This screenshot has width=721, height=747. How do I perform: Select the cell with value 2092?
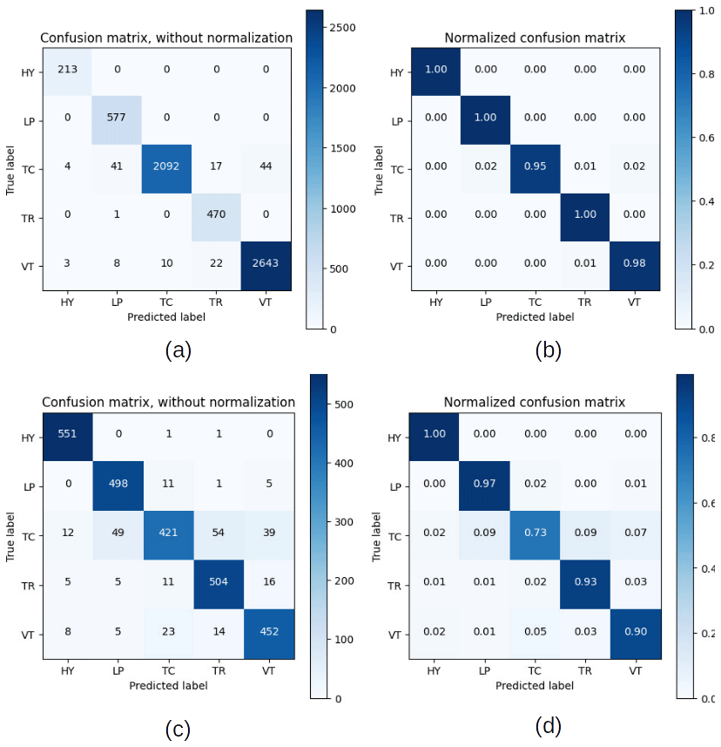[166, 168]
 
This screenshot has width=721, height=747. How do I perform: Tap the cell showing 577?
[116, 119]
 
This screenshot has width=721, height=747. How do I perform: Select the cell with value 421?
[166, 533]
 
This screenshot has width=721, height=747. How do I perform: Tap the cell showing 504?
[217, 582]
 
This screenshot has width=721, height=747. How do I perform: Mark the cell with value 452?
[267, 631]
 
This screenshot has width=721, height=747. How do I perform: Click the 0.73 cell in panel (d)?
[536, 533]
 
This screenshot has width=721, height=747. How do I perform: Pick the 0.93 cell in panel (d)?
[586, 582]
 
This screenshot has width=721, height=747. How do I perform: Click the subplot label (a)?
[178, 350]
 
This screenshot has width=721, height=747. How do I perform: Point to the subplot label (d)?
[548, 724]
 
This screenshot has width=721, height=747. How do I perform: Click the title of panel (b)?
[535, 37]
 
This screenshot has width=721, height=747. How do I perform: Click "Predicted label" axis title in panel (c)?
[166, 686]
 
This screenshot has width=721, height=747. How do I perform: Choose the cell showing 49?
[116, 533]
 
